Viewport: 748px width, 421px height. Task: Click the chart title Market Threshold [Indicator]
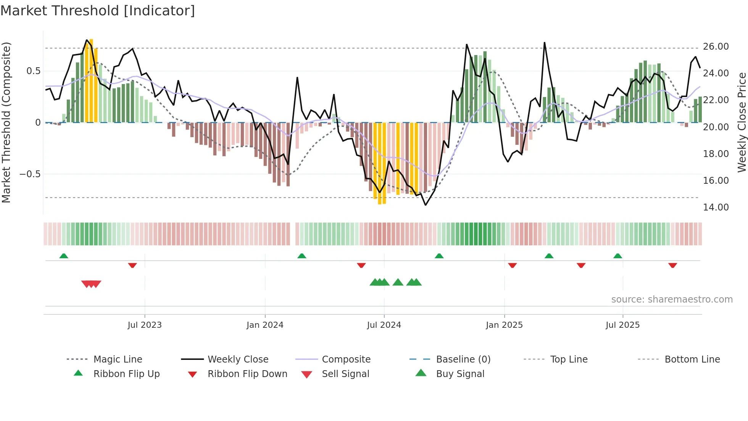(98, 11)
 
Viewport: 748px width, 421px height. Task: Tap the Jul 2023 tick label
(145, 325)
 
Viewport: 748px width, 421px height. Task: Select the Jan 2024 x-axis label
(265, 325)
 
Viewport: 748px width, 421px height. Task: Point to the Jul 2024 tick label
(384, 325)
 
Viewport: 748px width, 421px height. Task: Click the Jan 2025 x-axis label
(504, 325)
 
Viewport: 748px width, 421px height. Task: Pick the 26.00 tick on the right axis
(716, 47)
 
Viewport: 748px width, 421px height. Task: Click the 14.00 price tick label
(716, 207)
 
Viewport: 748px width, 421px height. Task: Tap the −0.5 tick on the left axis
(30, 174)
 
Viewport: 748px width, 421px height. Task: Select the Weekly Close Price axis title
(742, 122)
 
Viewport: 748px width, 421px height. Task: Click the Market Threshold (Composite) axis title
(6, 122)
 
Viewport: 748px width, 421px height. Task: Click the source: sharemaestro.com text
(672, 300)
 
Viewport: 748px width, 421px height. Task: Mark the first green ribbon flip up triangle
(64, 256)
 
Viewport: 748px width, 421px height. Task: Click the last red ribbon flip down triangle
(672, 265)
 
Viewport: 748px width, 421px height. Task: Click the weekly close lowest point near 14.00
(426, 205)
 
